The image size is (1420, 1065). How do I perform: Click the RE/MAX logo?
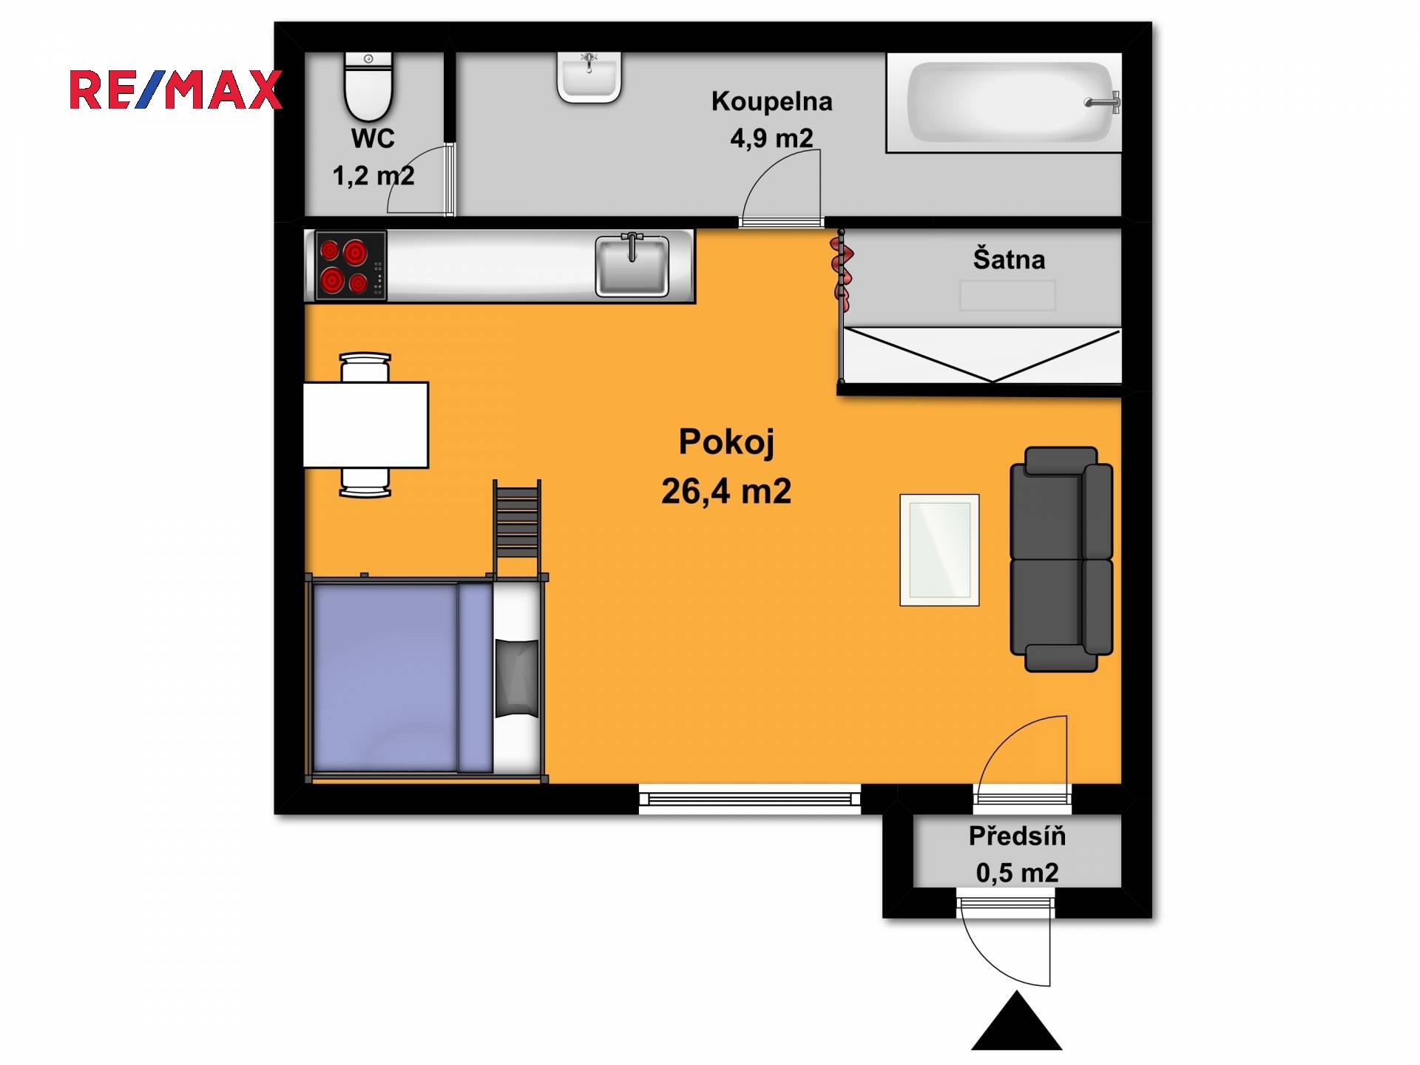[176, 90]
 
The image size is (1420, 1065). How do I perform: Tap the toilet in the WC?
[368, 87]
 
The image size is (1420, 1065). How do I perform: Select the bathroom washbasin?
[589, 77]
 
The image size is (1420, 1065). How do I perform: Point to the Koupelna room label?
[771, 101]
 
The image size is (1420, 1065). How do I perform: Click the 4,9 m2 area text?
[771, 138]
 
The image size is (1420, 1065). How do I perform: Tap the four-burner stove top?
[351, 266]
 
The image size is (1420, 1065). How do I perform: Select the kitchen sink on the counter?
[632, 265]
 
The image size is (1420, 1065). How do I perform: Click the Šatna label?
[1009, 260]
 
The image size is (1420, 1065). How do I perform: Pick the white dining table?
[366, 425]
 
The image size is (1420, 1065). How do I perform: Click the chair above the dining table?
[365, 367]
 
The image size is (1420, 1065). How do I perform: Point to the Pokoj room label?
[726, 442]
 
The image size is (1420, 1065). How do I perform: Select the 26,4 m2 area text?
[726, 491]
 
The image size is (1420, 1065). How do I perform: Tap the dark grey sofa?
[1061, 559]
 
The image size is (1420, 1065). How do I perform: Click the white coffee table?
[939, 550]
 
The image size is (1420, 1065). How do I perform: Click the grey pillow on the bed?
[516, 678]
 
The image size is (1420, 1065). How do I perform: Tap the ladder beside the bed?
[517, 529]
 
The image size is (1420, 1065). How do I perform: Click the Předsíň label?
[1017, 836]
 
